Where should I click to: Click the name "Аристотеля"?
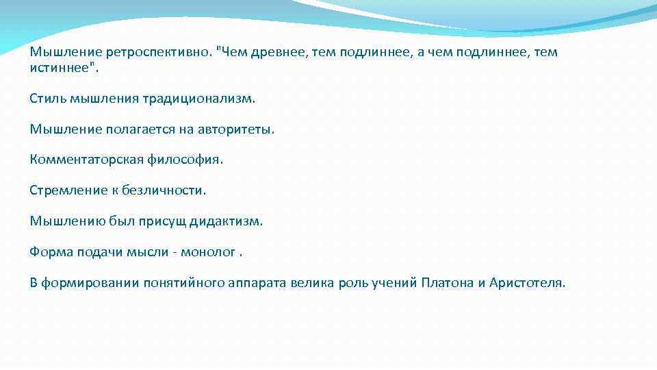coord(528,284)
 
